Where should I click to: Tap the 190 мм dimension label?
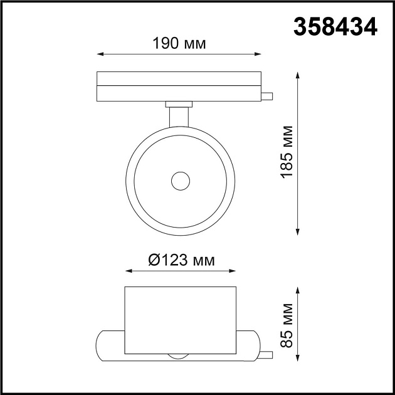point(179,43)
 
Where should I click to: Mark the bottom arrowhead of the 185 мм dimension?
point(298,234)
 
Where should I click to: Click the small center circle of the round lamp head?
point(181,181)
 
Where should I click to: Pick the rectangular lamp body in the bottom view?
point(181,320)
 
